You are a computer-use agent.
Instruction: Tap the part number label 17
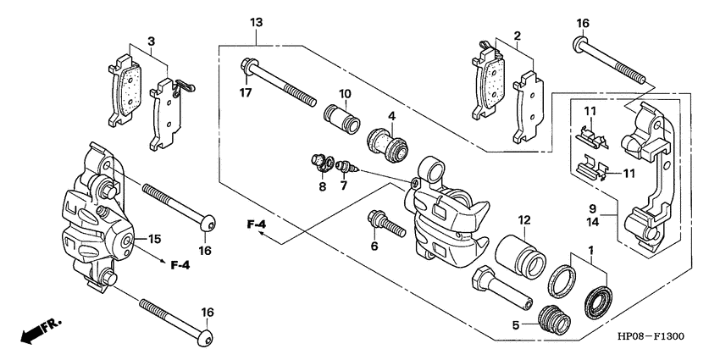coord(245,93)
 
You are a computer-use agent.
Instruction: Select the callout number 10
coord(346,93)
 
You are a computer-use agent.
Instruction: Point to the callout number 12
coord(524,220)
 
